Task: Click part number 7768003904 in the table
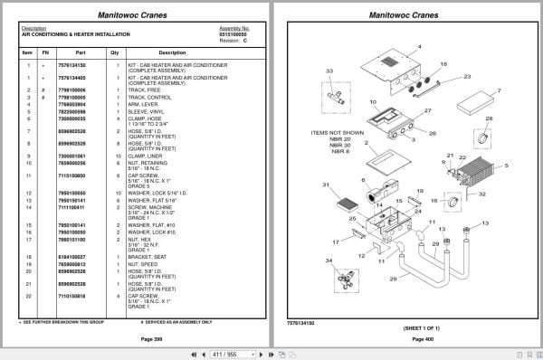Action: tap(72, 104)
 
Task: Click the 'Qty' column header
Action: tap(114, 52)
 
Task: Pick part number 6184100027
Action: tap(72, 258)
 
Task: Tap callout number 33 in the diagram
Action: tap(329, 71)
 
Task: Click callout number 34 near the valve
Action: tap(329, 261)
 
